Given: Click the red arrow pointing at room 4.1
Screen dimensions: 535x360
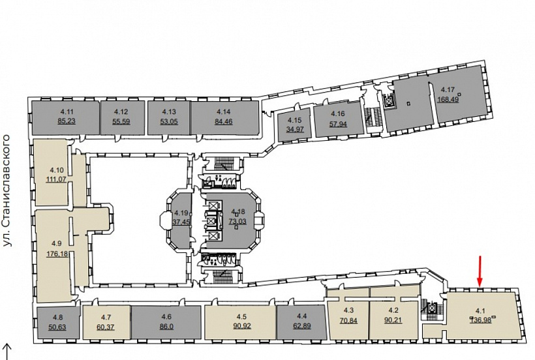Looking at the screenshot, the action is [x=480, y=271].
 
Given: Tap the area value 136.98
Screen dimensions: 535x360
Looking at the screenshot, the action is [x=481, y=320].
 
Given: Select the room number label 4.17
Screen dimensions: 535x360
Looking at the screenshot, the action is [x=448, y=89].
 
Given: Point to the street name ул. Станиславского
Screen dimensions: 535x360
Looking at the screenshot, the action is [x=7, y=191].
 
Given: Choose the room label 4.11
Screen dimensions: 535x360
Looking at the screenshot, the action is [x=67, y=112].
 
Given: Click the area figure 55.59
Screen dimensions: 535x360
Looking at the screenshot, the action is [x=121, y=121].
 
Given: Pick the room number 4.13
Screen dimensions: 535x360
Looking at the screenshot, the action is [x=169, y=112].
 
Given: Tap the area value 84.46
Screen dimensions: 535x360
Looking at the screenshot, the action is [x=224, y=121].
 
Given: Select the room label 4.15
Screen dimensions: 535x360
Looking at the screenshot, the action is [x=295, y=120].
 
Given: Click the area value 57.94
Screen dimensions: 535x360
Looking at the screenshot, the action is [x=338, y=123].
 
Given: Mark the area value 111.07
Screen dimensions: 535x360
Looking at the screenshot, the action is [x=56, y=179].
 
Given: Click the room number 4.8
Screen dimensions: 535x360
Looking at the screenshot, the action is [x=57, y=318].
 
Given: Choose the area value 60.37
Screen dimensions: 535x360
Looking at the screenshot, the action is [x=106, y=327].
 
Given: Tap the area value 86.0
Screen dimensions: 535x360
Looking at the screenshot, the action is [x=166, y=327].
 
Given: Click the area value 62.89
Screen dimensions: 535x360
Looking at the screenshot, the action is [x=301, y=325].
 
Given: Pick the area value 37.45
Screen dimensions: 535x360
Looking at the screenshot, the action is [x=181, y=222].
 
